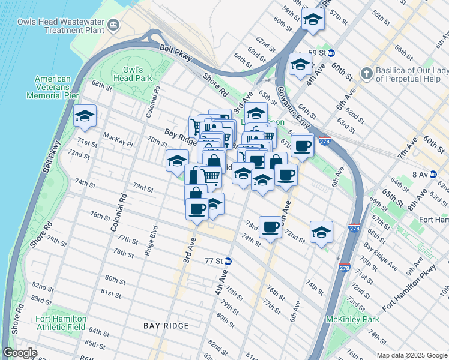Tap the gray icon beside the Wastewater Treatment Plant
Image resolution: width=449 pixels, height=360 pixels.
[x=113, y=25]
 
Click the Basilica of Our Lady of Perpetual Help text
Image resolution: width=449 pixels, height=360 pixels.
[x=411, y=74]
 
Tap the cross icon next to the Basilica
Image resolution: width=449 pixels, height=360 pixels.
[x=366, y=73]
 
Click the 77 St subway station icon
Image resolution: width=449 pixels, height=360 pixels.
[x=228, y=261]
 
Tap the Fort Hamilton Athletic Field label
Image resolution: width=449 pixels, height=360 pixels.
[x=61, y=323]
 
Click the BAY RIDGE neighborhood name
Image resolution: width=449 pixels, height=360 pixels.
[x=166, y=326]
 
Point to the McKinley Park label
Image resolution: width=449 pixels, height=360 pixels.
[x=349, y=319]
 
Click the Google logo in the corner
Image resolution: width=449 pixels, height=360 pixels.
[x=20, y=353]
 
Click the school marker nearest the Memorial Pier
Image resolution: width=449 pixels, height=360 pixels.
[x=85, y=115]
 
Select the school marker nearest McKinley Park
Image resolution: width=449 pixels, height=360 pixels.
[x=321, y=232]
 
